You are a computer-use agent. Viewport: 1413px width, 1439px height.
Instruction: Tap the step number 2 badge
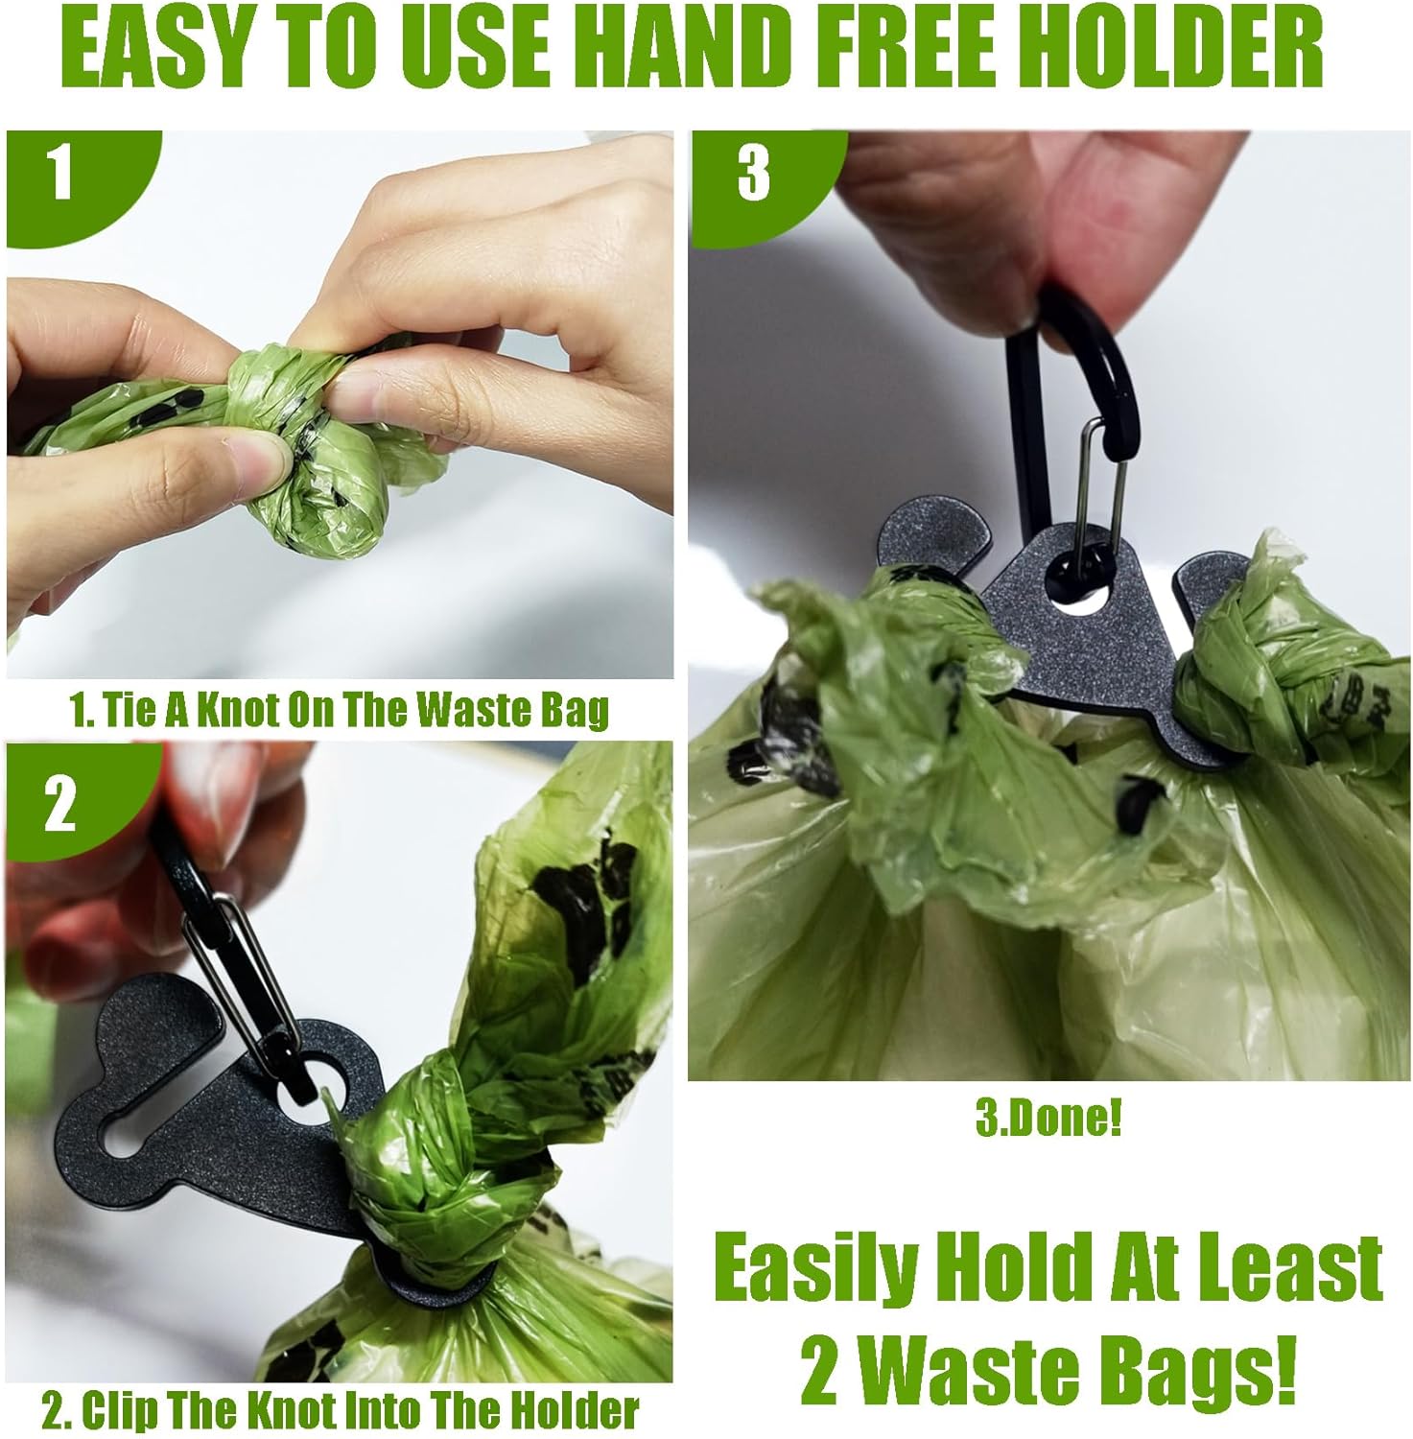[x=59, y=804]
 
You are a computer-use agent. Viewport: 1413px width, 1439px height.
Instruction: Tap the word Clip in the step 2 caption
[x=126, y=1410]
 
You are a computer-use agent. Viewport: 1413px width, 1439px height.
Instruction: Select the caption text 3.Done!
[x=1048, y=1121]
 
